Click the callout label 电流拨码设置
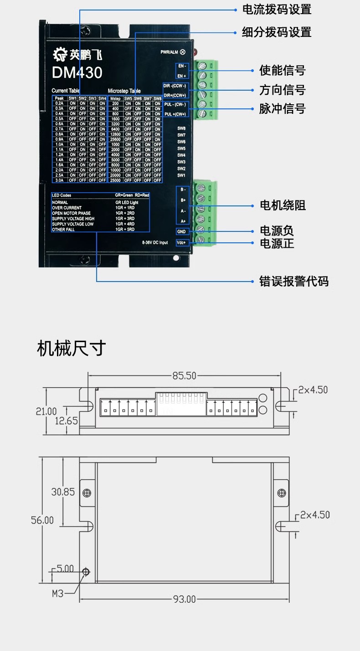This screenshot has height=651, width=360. [x=277, y=9]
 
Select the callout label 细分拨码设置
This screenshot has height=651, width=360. [x=277, y=32]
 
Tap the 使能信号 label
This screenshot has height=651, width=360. [x=282, y=71]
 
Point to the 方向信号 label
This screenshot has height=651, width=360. [x=282, y=90]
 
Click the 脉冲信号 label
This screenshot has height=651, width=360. [x=282, y=109]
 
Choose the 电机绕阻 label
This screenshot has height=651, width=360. [x=283, y=205]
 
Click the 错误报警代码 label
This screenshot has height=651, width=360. [x=294, y=281]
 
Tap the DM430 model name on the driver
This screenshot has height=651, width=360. [x=77, y=73]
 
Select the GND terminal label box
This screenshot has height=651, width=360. [x=181, y=231]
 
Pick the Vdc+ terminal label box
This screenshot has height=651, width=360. [x=181, y=243]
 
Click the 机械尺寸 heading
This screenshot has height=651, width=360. [x=72, y=348]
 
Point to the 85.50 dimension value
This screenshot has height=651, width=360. [x=184, y=376]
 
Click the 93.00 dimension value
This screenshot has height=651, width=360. [x=184, y=598]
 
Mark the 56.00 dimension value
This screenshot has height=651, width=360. [x=42, y=520]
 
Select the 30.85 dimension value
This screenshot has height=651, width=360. [x=63, y=492]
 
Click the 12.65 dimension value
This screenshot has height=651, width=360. [x=67, y=420]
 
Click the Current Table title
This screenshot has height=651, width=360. [x=66, y=91]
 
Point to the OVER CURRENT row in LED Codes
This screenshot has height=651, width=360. [x=67, y=208]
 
